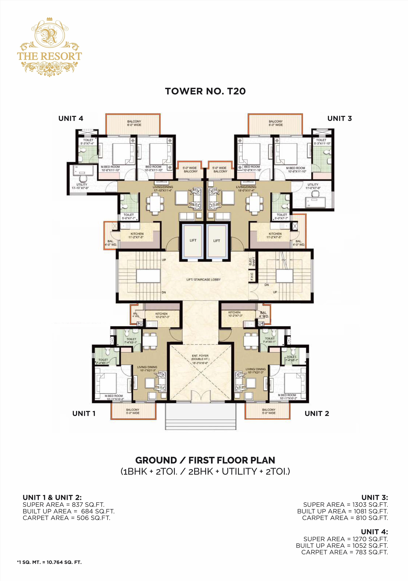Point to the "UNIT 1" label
coord(84,413)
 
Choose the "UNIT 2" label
coord(317,413)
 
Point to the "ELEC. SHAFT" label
coord(252,261)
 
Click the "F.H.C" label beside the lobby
coord(252,276)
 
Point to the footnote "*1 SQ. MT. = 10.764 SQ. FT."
coord(49,562)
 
